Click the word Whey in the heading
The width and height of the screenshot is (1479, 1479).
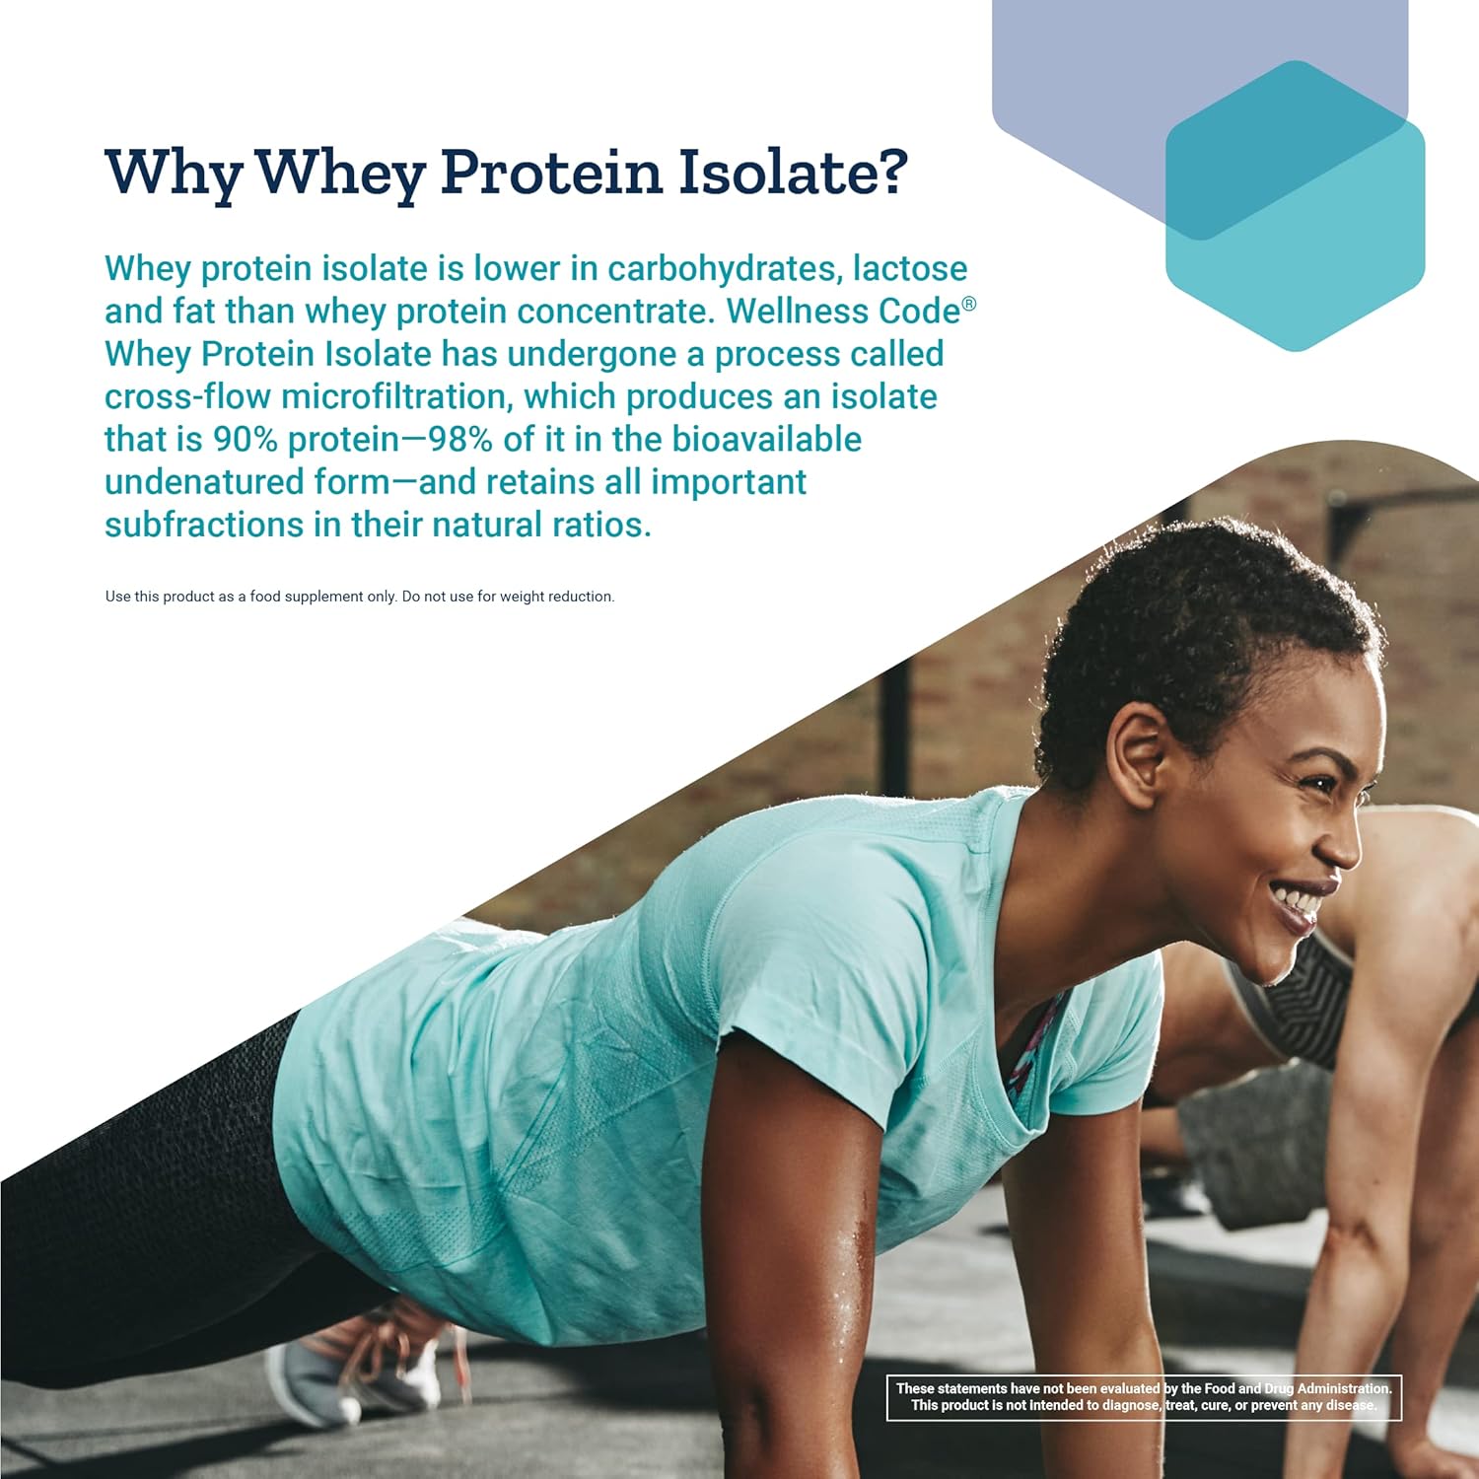tap(340, 174)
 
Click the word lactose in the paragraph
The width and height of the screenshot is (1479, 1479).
tap(909, 268)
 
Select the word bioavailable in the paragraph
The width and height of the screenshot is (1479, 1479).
tap(766, 440)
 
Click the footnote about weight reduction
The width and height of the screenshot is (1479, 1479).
tap(360, 597)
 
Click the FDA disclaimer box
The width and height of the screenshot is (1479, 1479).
tap(1144, 1397)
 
